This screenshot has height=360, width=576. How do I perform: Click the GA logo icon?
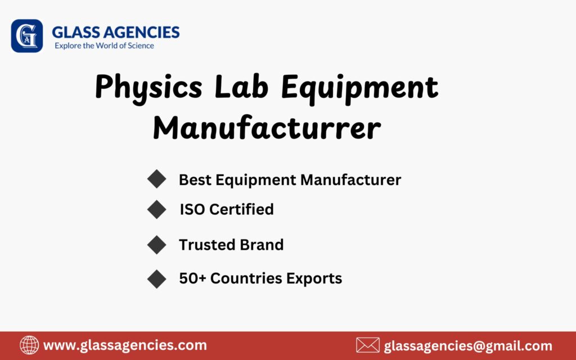(x=26, y=36)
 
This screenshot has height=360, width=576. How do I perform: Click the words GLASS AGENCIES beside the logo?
(x=115, y=32)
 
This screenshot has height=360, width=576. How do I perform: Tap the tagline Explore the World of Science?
(x=104, y=46)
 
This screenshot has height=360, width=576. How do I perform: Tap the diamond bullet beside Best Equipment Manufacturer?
(x=156, y=179)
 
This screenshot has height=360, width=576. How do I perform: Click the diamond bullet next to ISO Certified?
(x=156, y=209)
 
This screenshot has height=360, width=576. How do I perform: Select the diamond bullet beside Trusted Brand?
(x=156, y=245)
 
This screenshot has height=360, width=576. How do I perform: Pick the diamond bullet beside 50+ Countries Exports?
(x=156, y=278)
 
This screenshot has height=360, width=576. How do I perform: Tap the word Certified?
(x=242, y=210)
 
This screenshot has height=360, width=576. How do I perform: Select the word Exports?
(x=314, y=278)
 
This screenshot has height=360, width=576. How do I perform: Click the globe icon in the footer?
(x=29, y=345)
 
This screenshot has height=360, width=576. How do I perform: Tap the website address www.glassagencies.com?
(x=125, y=345)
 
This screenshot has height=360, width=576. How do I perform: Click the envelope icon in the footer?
(x=368, y=345)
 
